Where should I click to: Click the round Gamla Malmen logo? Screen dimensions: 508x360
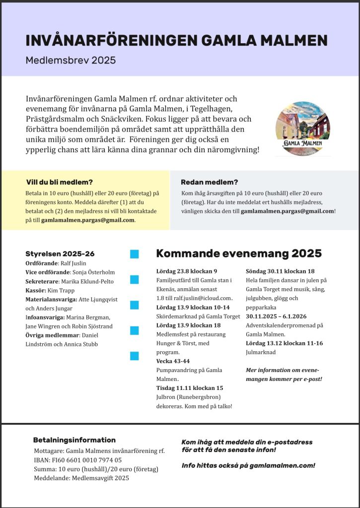click(x=303, y=129)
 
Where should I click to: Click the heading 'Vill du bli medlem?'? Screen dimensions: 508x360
click(x=60, y=182)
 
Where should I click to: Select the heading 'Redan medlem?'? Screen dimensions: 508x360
click(x=210, y=182)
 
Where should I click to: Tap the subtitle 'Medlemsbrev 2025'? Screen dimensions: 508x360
click(x=71, y=61)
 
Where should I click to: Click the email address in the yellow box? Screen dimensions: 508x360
click(x=87, y=220)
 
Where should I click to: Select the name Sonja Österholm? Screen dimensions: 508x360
click(x=93, y=272)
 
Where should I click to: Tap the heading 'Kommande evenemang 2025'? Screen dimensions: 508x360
click(x=239, y=254)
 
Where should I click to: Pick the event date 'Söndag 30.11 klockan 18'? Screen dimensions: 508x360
click(x=280, y=271)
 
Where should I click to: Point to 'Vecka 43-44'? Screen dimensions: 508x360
click(x=173, y=361)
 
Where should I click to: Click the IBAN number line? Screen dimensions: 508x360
click(x=77, y=460)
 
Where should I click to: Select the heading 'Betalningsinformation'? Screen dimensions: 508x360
click(x=74, y=440)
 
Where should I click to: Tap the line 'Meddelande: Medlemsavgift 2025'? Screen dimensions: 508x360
click(x=81, y=478)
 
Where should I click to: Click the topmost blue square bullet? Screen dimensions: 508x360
click(x=134, y=254)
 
